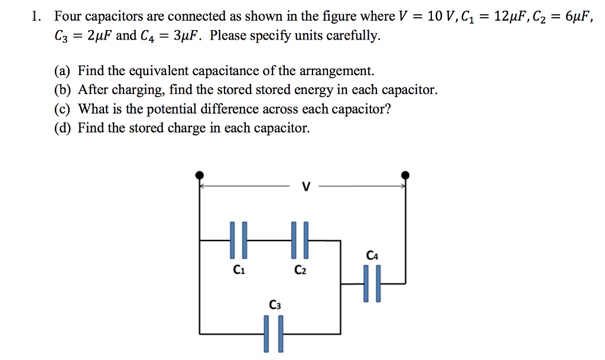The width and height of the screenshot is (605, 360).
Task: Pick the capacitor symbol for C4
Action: pos(372,284)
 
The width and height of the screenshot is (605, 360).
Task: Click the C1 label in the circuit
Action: pos(239,271)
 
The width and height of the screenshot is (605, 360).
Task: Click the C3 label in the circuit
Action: pos(275,305)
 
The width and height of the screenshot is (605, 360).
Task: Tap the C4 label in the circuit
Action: pos(372,255)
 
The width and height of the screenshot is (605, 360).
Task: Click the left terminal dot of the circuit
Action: pos(200,175)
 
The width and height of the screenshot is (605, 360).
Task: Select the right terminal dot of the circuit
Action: pos(405,175)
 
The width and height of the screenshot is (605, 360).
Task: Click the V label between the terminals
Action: pos(305,187)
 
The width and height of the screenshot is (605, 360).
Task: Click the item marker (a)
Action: pos(62,72)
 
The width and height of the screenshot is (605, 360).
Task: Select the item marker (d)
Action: pos(62,128)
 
